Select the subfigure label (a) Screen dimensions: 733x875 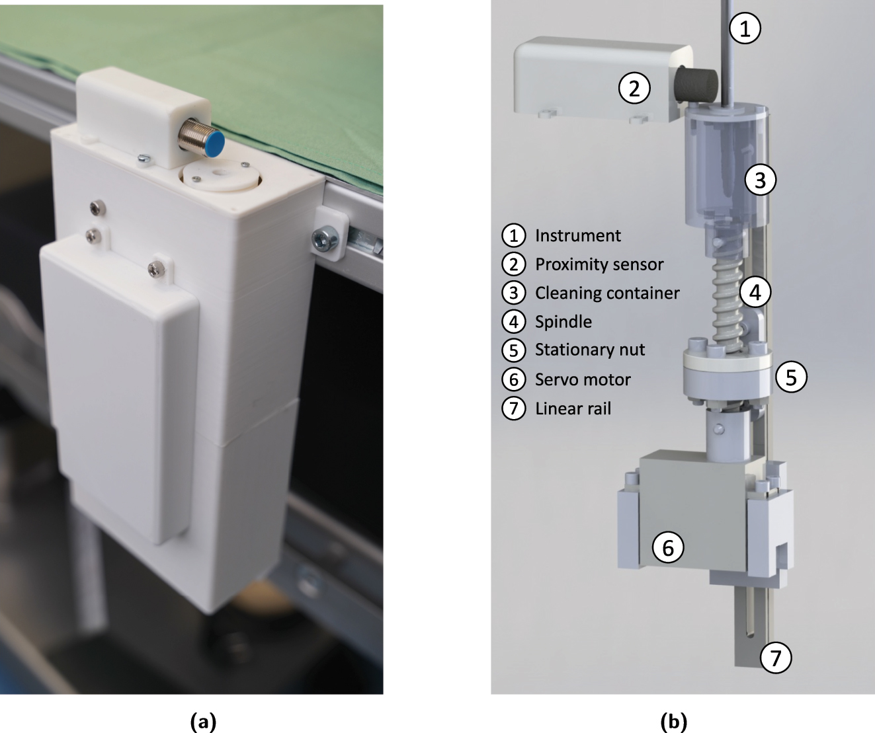pyautogui.click(x=203, y=721)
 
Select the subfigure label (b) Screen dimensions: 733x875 pyautogui.click(x=674, y=721)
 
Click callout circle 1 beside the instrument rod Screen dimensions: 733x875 pyautogui.click(x=745, y=28)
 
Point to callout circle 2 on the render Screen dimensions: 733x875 pyautogui.click(x=634, y=88)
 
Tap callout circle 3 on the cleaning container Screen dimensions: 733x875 pyautogui.click(x=760, y=180)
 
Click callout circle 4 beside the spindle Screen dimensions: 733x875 pyautogui.click(x=755, y=291)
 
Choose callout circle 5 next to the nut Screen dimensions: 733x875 pyautogui.click(x=791, y=377)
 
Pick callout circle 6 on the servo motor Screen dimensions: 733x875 pyautogui.click(x=668, y=547)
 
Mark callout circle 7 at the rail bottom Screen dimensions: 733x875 pyautogui.click(x=776, y=657)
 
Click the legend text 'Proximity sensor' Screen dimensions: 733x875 pyautogui.click(x=599, y=264)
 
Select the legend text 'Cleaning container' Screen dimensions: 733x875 pyautogui.click(x=606, y=293)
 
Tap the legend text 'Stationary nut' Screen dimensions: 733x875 pyautogui.click(x=589, y=350)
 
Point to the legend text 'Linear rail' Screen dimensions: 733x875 pyautogui.click(x=573, y=408)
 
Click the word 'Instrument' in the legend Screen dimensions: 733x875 pyautogui.click(x=577, y=235)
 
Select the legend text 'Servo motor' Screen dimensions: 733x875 pyautogui.click(x=583, y=379)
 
